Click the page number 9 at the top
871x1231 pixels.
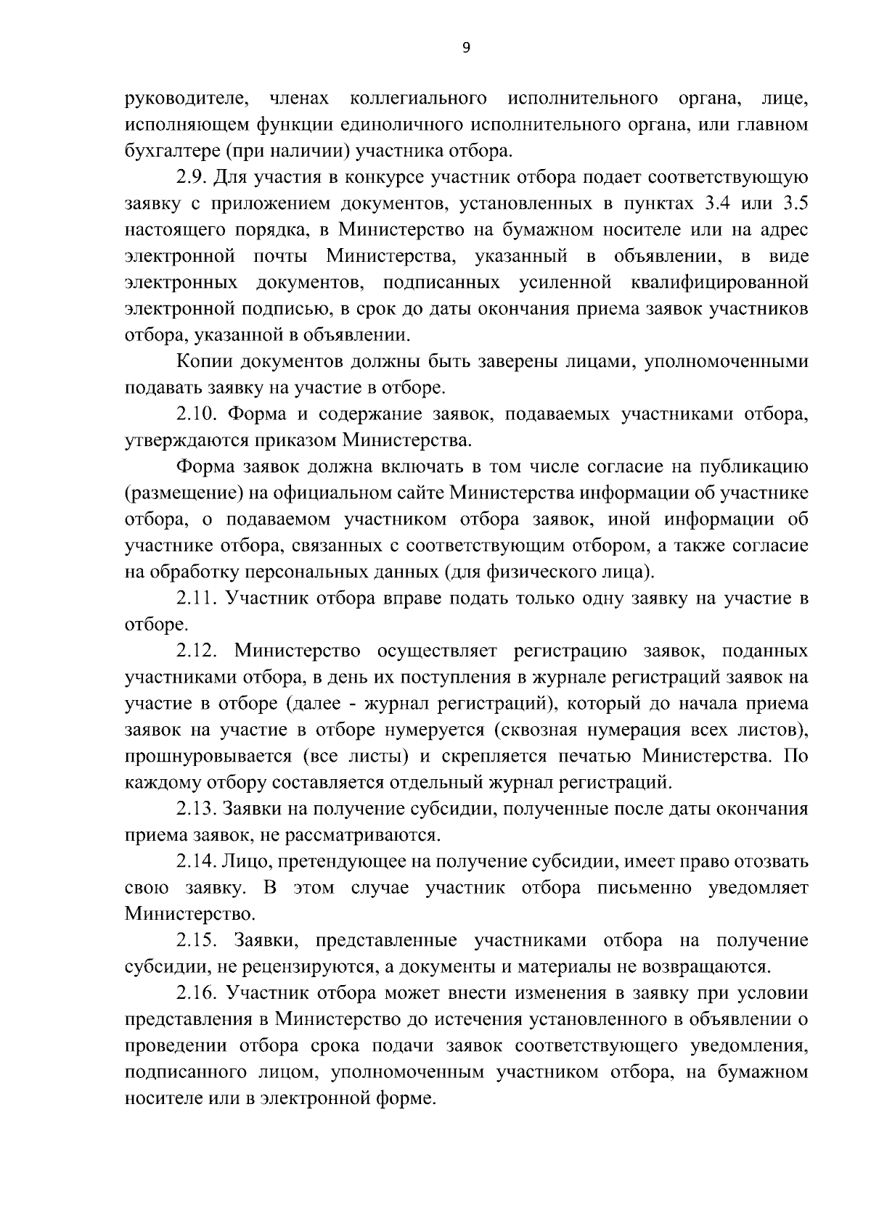[466, 47]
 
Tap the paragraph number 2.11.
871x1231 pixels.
[195, 598]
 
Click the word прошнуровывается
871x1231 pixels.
[208, 757]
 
